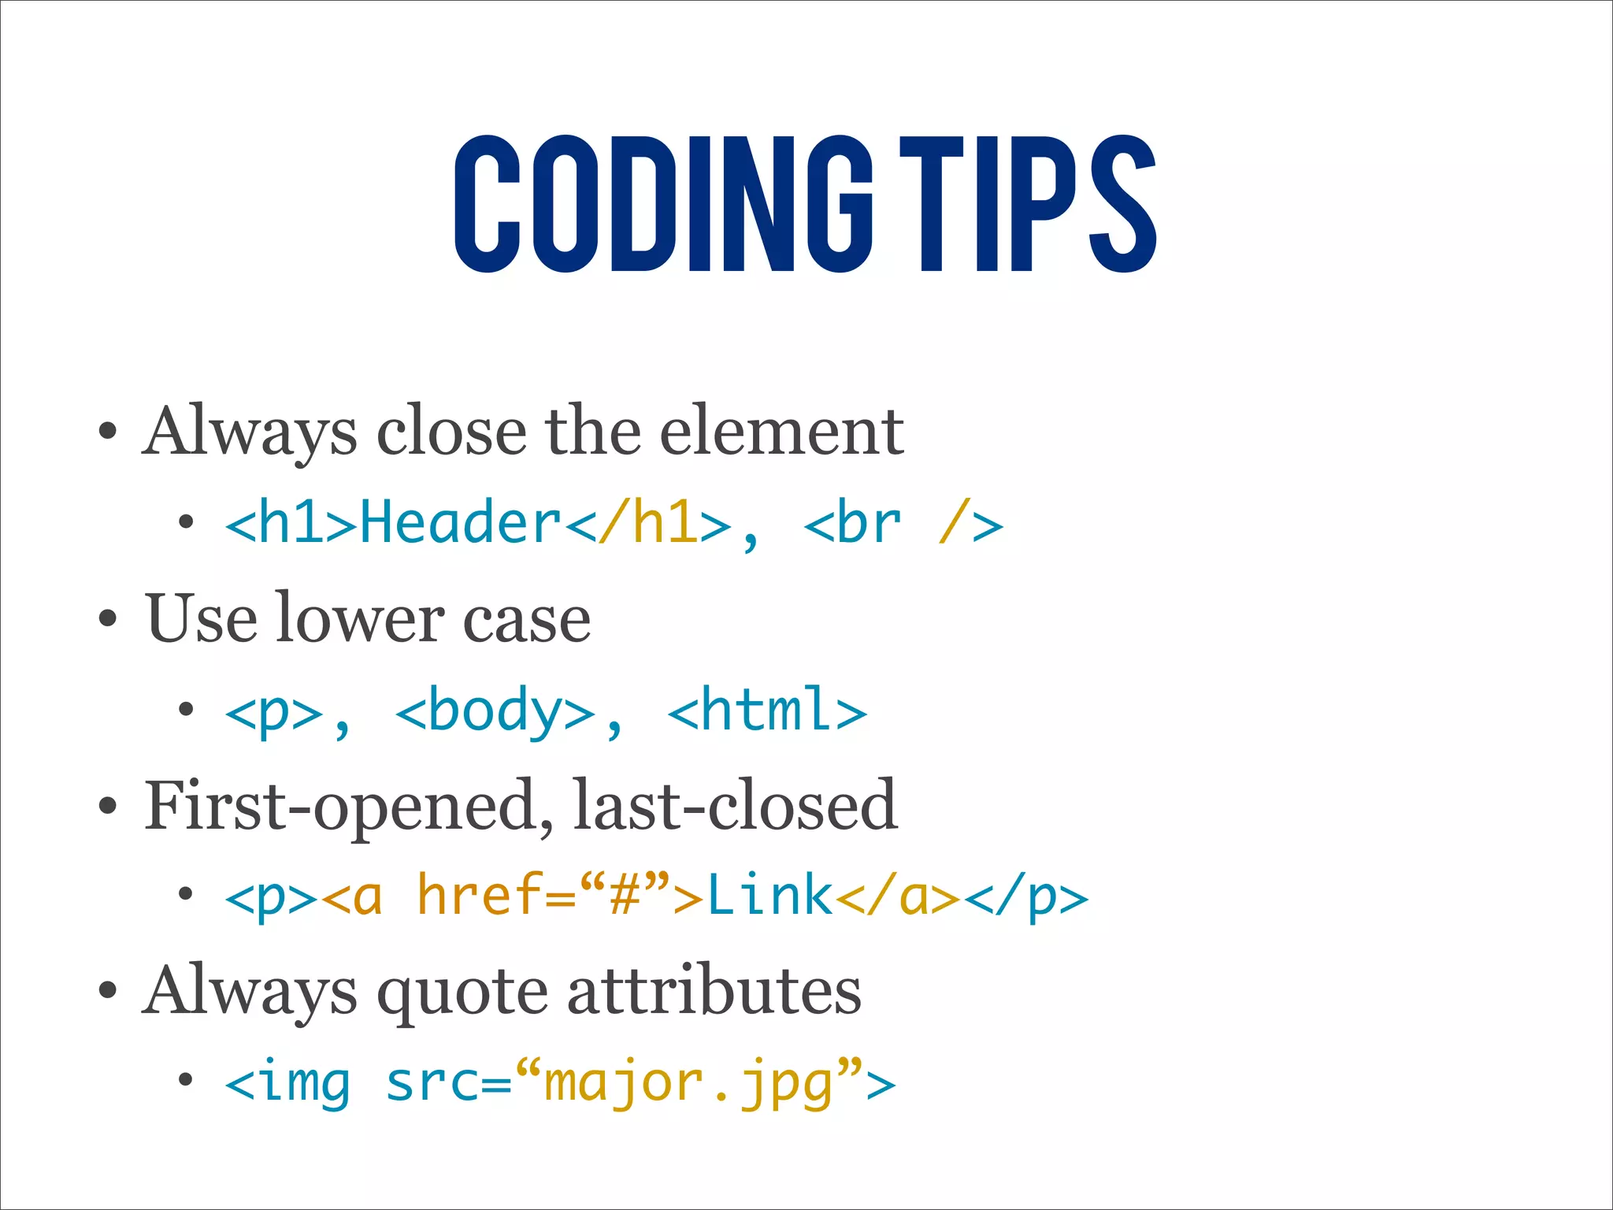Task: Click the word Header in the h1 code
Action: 460,523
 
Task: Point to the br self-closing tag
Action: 903,523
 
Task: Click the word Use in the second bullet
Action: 202,618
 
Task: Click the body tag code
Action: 495,711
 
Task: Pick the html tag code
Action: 767,711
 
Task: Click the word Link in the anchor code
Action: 769,896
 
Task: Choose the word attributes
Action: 714,991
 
